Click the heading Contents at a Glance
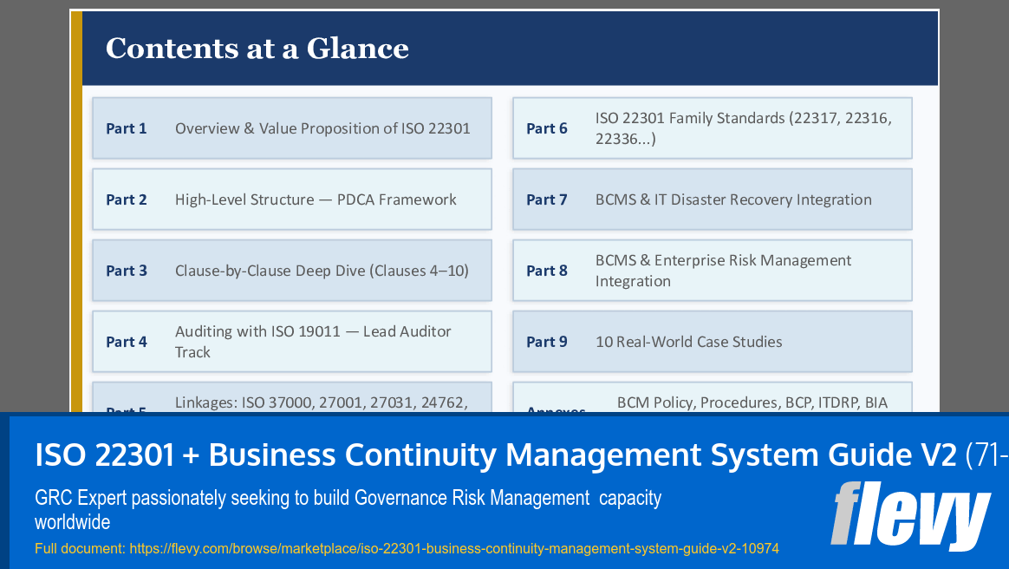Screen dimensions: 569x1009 [x=257, y=48]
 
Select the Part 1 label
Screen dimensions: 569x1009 [x=127, y=128]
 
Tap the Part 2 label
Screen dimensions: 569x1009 [x=127, y=199]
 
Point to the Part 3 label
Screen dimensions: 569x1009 [x=127, y=271]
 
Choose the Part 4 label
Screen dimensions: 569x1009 [x=127, y=342]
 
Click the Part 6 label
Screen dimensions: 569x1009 [x=547, y=128]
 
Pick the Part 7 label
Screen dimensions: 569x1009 [x=547, y=199]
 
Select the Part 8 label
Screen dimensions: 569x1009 [x=547, y=271]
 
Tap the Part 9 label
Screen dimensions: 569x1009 [x=547, y=342]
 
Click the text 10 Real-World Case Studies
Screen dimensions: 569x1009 [x=688, y=342]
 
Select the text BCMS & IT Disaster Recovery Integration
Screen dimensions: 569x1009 [x=733, y=199]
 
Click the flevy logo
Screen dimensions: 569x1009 [x=910, y=515]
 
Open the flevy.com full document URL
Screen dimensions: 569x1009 [x=454, y=549]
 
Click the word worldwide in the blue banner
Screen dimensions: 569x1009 [x=73, y=523]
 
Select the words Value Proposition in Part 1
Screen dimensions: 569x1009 [x=321, y=128]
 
